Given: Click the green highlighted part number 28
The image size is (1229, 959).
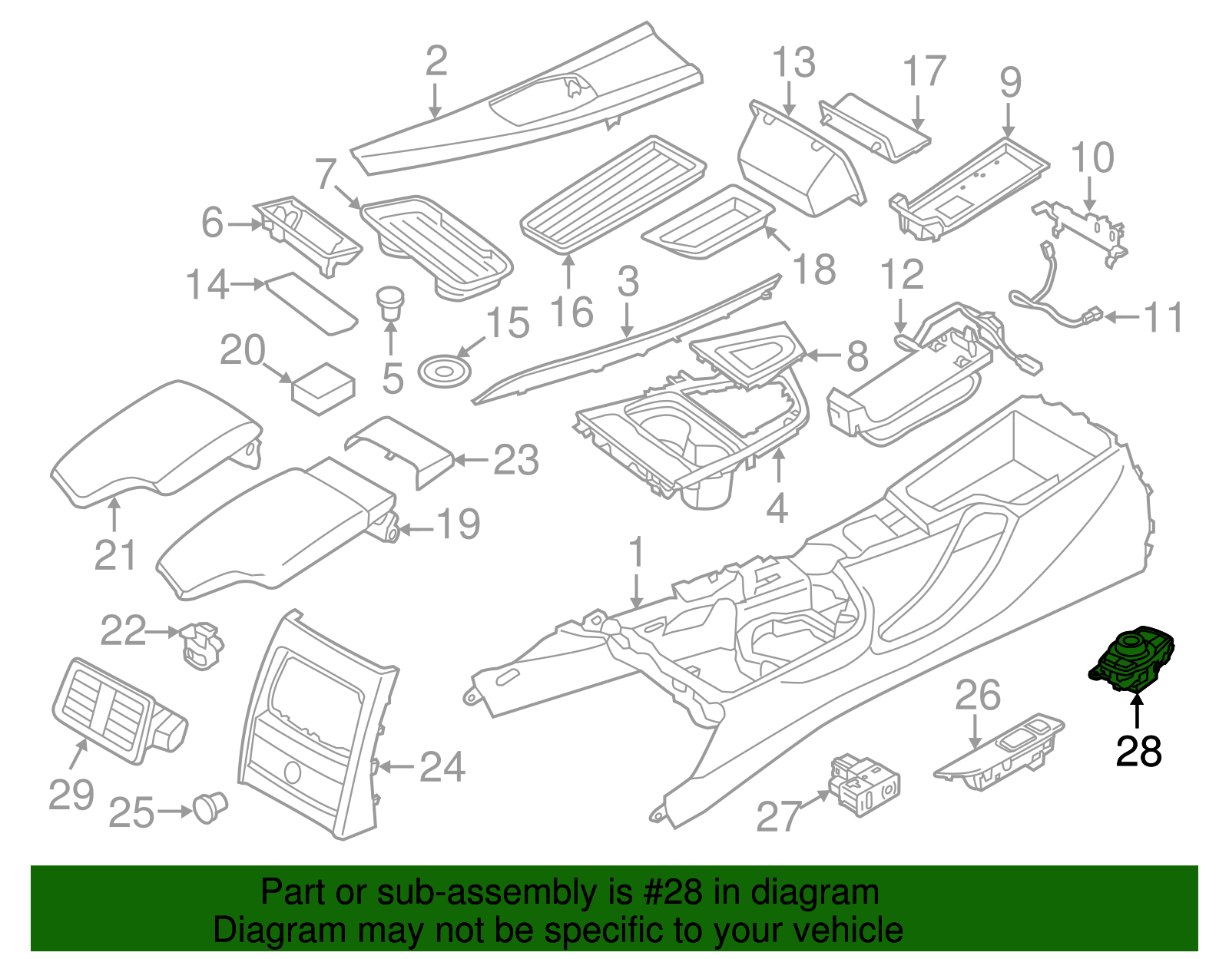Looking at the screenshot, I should [1134, 660].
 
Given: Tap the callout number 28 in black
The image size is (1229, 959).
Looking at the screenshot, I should [1138, 751].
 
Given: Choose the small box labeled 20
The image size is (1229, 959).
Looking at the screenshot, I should [323, 388].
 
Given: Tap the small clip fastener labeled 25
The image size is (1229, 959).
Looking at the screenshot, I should [209, 807].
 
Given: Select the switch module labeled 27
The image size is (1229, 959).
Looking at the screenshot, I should [864, 785].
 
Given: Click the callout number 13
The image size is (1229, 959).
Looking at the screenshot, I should [793, 63].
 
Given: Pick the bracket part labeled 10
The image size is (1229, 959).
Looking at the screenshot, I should [1083, 227].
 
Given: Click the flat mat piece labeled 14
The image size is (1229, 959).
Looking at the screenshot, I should [311, 303].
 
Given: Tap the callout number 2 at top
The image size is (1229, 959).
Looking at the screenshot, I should [436, 61].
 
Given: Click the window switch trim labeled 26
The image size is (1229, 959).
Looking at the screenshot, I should [999, 754].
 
